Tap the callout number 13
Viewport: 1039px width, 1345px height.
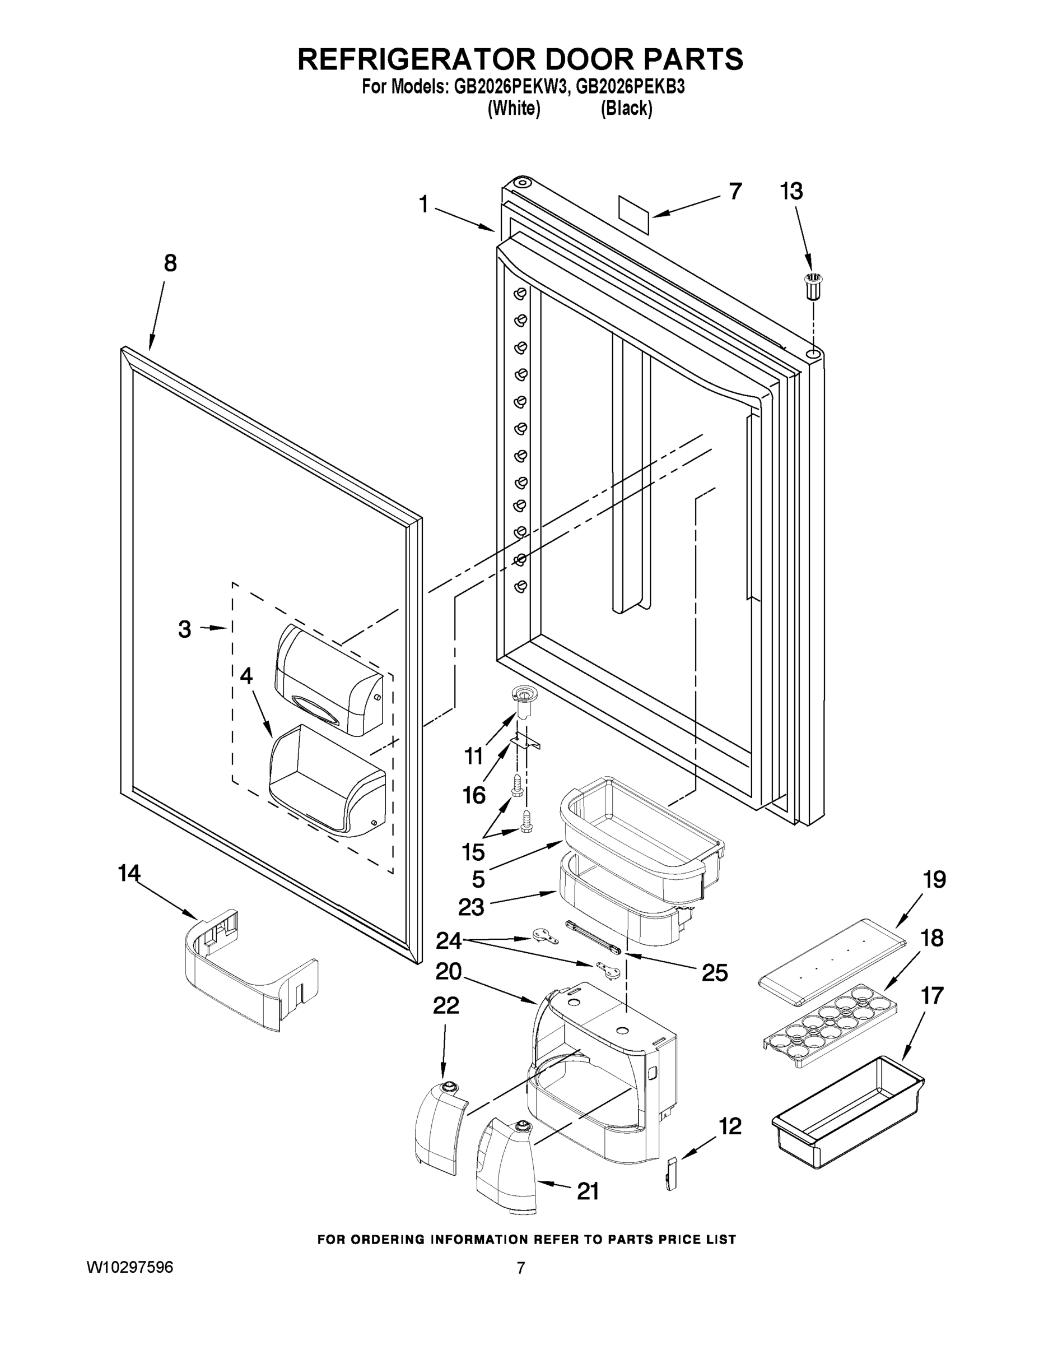point(791,192)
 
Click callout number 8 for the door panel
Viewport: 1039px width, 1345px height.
point(170,263)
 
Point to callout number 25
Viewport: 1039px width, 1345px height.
point(714,973)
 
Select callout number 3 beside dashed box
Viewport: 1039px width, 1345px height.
point(185,629)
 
